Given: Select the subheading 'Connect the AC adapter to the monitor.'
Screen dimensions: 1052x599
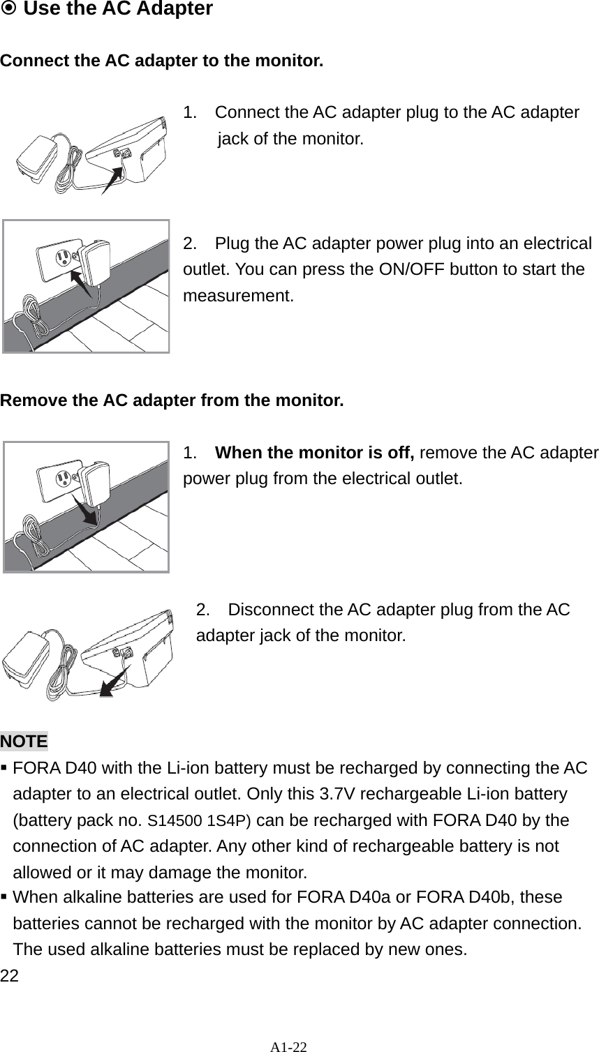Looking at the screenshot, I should click(162, 60).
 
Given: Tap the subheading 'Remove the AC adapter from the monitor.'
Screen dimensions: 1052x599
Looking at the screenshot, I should click(172, 401).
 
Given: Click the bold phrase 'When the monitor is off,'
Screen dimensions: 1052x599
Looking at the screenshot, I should click(314, 453).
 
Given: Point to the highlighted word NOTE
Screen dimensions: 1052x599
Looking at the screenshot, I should click(24, 741).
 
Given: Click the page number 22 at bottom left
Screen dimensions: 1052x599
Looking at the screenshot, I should click(9, 975).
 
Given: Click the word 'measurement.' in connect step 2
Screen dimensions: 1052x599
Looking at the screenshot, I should click(238, 296).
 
